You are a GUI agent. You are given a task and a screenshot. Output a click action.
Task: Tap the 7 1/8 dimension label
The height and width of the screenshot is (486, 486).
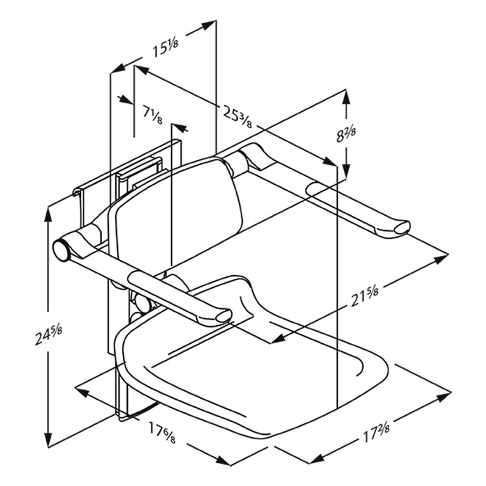152,114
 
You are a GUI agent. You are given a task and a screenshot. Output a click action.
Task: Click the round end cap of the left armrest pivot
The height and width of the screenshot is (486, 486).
61,250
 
